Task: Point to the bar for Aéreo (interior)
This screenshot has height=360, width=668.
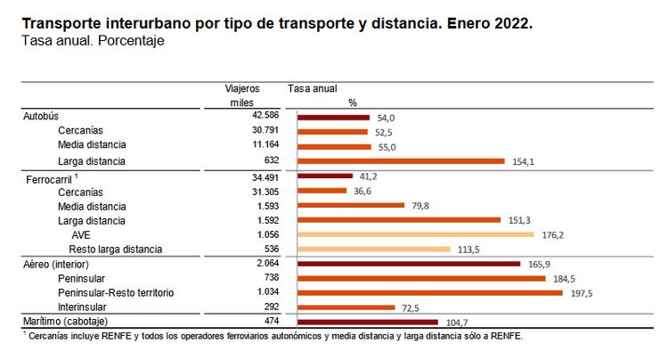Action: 408,264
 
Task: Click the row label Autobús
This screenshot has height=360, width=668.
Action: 40,117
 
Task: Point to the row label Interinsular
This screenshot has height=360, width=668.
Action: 86,307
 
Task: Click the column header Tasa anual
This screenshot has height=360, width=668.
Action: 313,89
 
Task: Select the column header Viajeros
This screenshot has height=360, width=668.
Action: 242,89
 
